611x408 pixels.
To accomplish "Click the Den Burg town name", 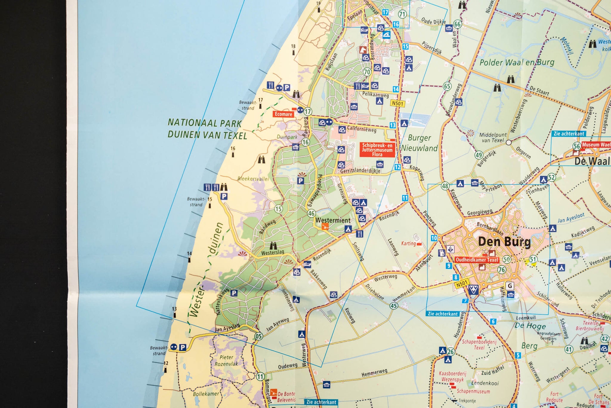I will point(504,242).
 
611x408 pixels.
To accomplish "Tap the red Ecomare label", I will point(283,114).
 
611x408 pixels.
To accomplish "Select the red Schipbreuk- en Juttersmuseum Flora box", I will point(377,150).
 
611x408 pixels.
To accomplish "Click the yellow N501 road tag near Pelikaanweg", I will point(397,103).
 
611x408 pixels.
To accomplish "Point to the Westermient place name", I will point(333,220).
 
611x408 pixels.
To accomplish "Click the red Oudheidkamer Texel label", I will point(477,260).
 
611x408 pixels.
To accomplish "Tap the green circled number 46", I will point(311,213).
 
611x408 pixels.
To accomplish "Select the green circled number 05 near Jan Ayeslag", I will point(258,336).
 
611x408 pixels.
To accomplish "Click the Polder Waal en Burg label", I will point(517,62).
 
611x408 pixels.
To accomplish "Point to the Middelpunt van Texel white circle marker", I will point(509,143).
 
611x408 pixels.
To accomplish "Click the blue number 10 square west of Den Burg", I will point(434,238).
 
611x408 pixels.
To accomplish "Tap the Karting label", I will point(408,243).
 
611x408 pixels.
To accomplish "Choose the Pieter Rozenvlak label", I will point(226,360).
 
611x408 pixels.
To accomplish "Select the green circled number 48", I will point(445,186).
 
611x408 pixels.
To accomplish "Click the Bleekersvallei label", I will point(253,179).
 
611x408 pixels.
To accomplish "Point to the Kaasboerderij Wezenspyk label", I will point(452,376).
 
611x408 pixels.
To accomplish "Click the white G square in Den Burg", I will point(510,286).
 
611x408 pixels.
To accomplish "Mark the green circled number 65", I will point(447,86).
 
